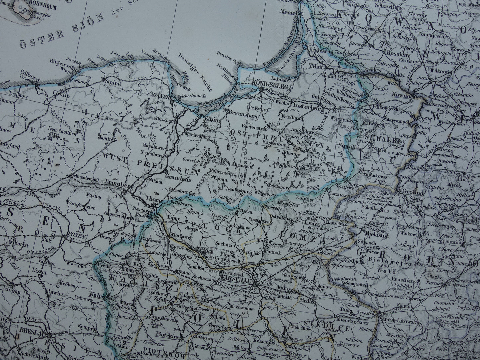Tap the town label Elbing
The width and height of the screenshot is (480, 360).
(213, 121)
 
